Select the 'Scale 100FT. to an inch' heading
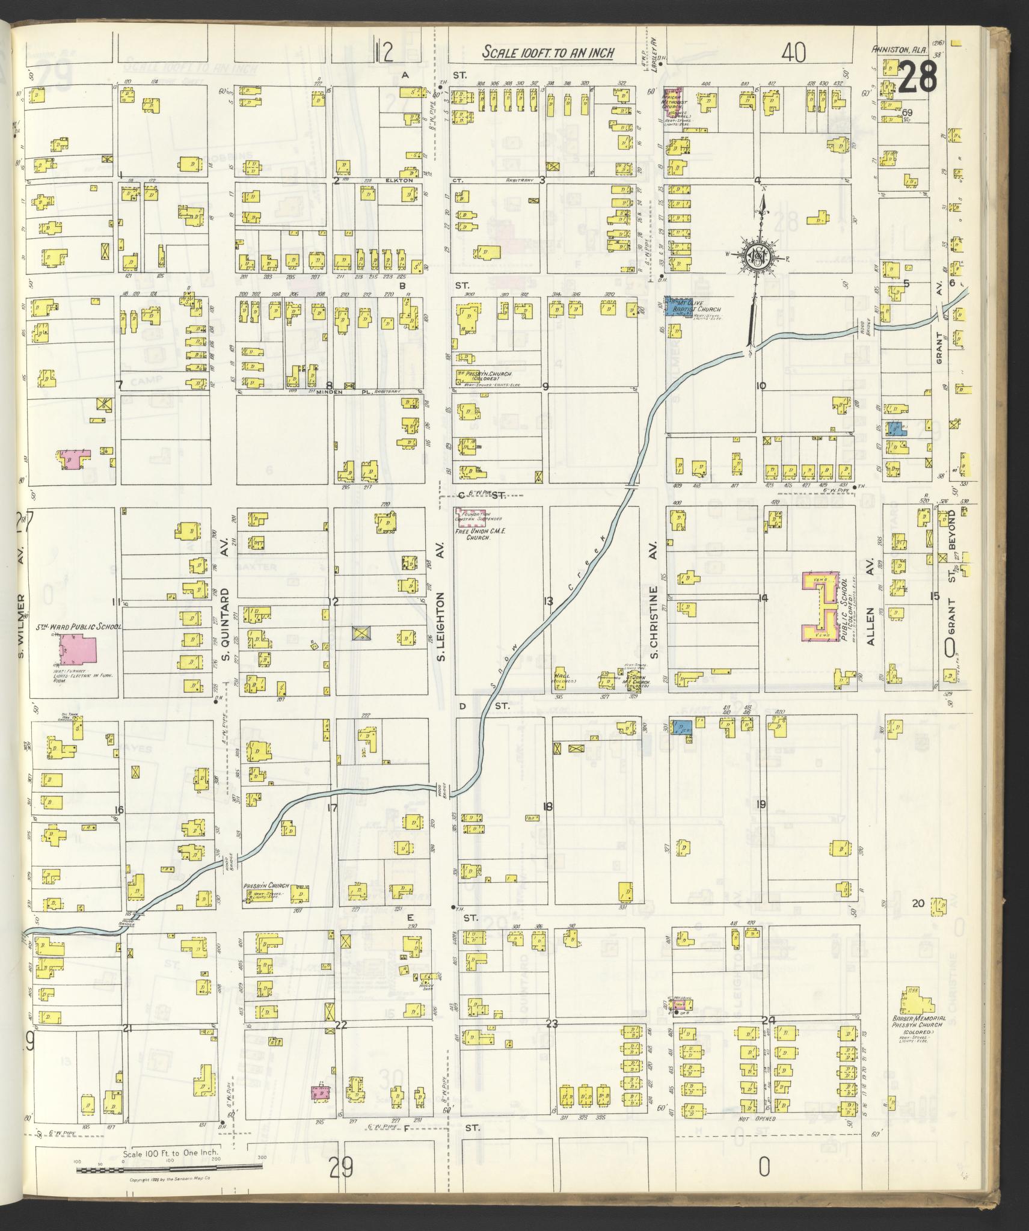tap(548, 53)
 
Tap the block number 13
tap(548, 601)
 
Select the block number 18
tap(547, 807)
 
